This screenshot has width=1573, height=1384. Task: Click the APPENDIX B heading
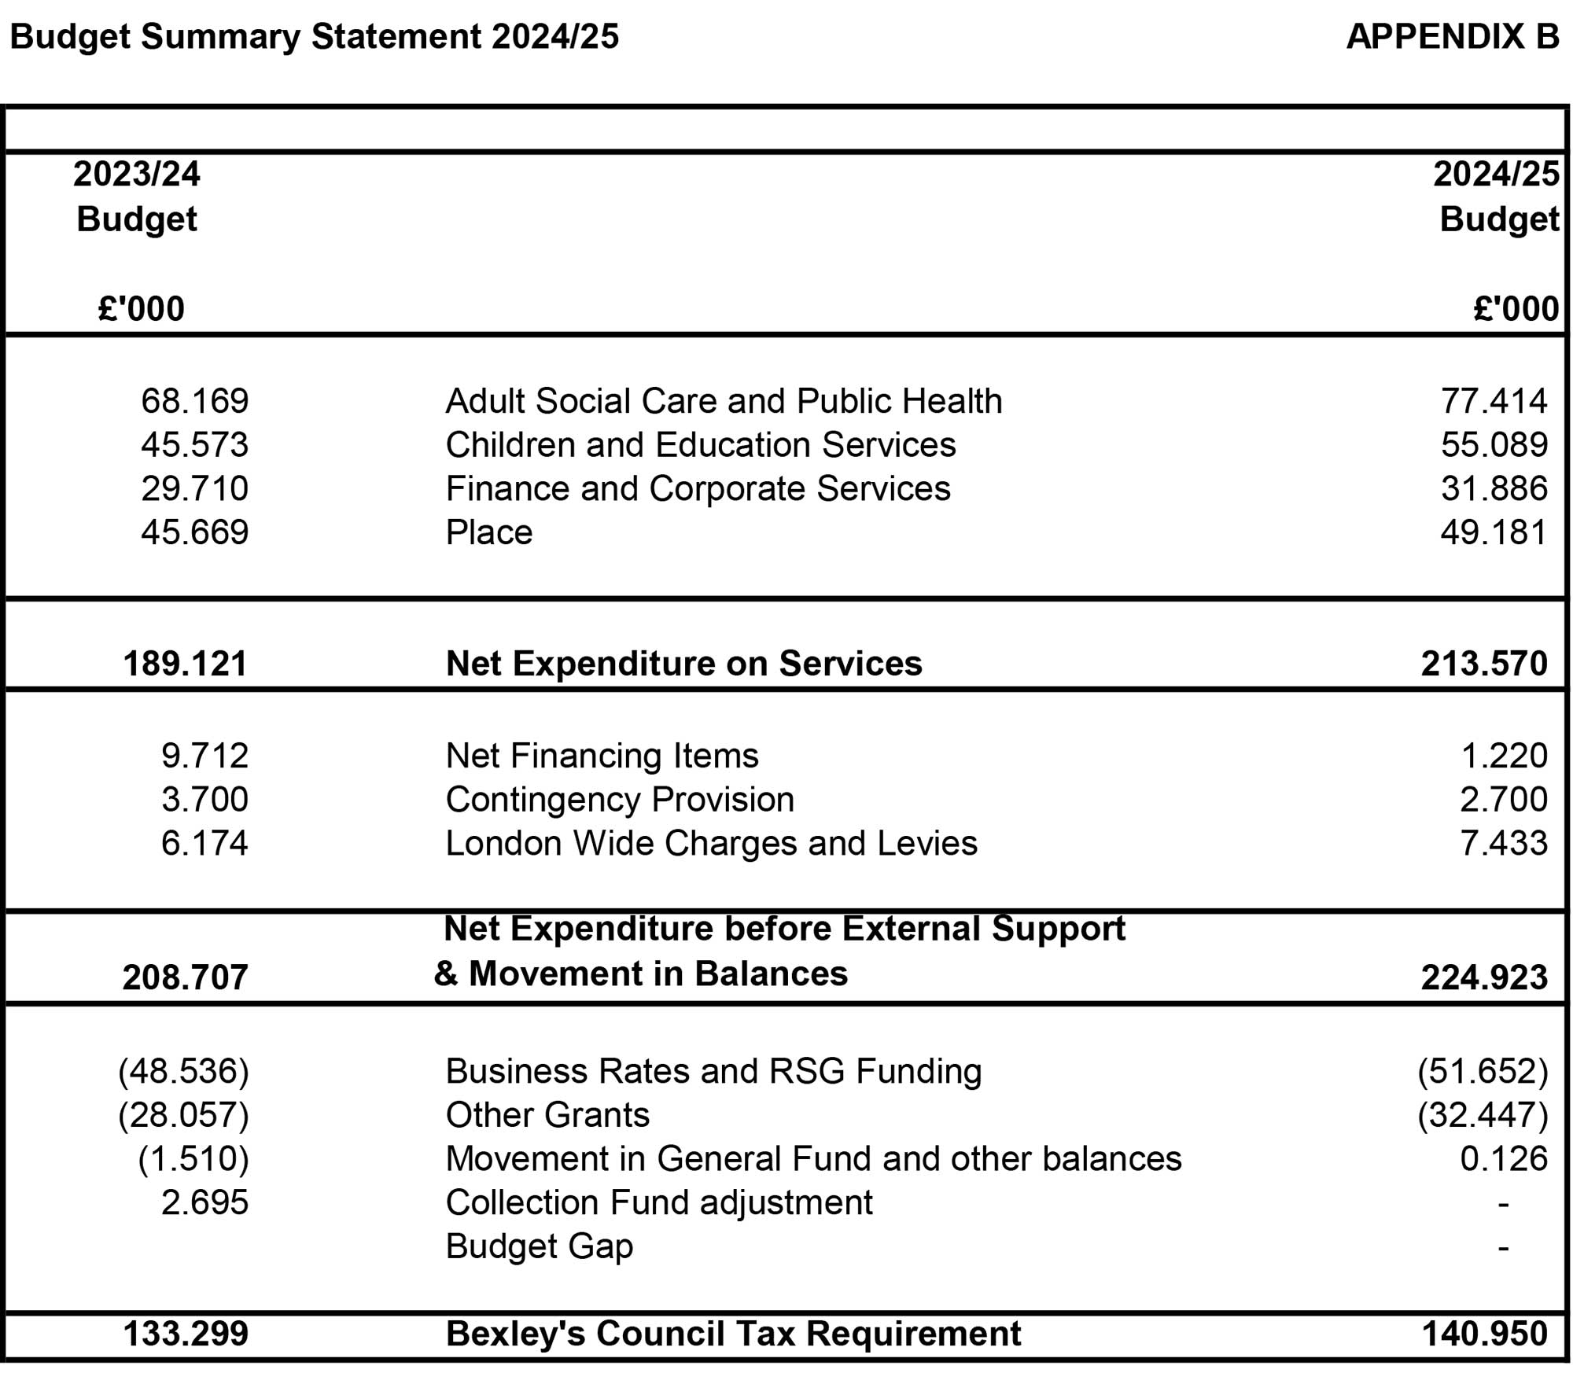click(1452, 37)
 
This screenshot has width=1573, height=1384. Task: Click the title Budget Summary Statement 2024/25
click(315, 37)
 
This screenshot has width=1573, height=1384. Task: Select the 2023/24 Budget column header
click(137, 196)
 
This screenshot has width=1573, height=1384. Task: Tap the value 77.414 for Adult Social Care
click(1494, 401)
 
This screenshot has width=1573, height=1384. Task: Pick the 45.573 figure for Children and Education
click(194, 445)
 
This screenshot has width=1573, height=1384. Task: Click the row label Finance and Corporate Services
click(698, 488)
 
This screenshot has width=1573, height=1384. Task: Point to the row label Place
click(488, 532)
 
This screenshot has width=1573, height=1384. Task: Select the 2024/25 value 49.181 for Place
click(1494, 532)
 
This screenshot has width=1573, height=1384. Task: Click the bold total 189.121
click(185, 664)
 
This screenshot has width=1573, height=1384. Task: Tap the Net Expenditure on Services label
click(683, 664)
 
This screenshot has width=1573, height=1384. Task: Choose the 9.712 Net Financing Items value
click(204, 756)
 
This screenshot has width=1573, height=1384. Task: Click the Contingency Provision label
click(620, 800)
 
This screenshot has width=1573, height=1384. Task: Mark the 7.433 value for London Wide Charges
click(1503, 843)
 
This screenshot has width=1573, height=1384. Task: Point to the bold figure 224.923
click(1484, 977)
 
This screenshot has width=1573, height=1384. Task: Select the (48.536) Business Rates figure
click(183, 1072)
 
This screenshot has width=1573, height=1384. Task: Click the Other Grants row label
click(547, 1115)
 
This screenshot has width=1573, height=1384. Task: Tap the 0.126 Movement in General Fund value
click(1503, 1159)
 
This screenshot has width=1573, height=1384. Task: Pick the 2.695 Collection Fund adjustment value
click(204, 1203)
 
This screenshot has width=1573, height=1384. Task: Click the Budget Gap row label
click(539, 1246)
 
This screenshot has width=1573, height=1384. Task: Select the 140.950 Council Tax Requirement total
click(1484, 1334)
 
